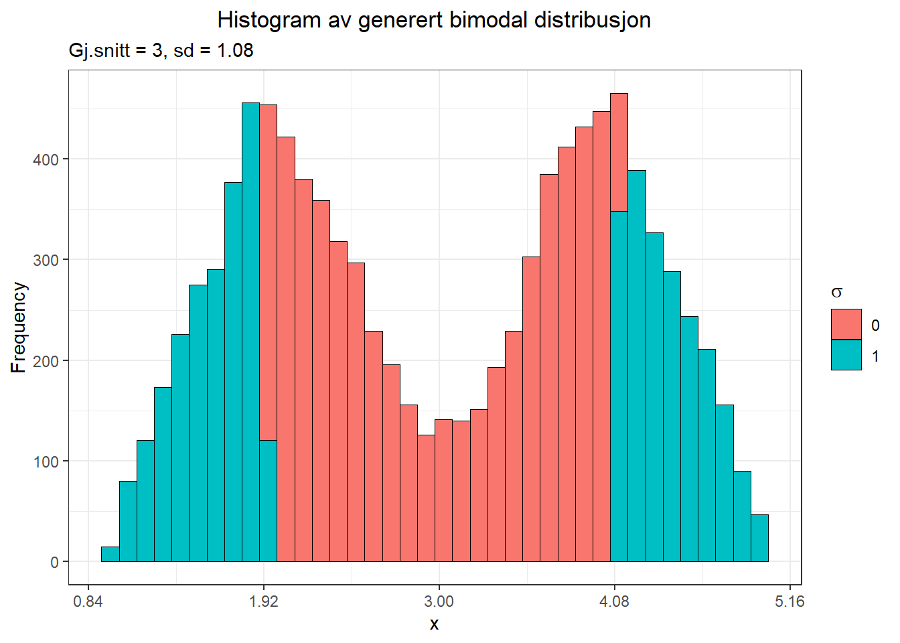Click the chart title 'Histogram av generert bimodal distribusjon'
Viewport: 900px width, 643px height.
click(x=434, y=20)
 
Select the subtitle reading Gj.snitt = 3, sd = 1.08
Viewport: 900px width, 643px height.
click(x=161, y=50)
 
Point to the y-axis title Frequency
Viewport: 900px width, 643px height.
click(x=19, y=327)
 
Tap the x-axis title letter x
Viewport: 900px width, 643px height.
click(x=434, y=624)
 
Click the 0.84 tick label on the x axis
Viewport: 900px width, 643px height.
click(x=88, y=601)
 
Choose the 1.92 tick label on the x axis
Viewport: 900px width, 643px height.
click(x=263, y=601)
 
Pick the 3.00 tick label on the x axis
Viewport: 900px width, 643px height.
click(x=439, y=601)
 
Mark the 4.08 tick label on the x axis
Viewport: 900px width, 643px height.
click(x=614, y=601)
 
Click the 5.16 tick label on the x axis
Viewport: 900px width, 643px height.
click(x=790, y=601)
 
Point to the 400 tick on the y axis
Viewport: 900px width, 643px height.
click(x=46, y=159)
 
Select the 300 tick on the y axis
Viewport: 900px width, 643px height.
click(x=46, y=260)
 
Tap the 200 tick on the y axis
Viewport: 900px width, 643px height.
click(x=46, y=360)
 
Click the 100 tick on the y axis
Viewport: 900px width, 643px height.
click(x=46, y=461)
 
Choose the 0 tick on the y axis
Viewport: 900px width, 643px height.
click(x=54, y=562)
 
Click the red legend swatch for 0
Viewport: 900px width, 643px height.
click(x=846, y=324)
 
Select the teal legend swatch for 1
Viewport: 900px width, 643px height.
click(x=846, y=356)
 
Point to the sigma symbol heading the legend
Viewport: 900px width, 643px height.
click(x=836, y=293)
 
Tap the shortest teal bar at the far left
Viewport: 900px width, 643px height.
click(x=110, y=554)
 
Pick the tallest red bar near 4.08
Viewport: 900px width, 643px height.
click(x=619, y=153)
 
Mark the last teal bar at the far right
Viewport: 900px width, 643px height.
click(x=759, y=538)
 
